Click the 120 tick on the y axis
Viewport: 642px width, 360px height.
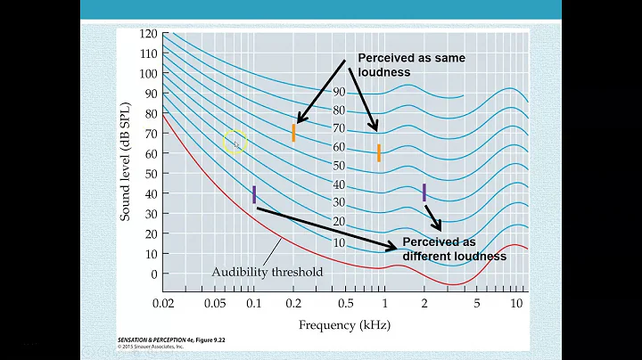(x=147, y=34)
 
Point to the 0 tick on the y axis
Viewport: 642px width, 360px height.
(x=152, y=274)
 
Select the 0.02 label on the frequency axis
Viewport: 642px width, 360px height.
(x=163, y=304)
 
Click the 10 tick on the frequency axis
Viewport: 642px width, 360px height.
(x=515, y=304)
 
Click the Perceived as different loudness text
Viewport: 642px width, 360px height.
(x=454, y=250)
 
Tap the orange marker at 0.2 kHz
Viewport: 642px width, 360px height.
(x=293, y=133)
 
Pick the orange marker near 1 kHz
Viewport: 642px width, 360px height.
(x=379, y=152)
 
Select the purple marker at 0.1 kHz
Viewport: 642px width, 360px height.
(x=254, y=194)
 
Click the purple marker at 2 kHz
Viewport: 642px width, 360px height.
(x=424, y=192)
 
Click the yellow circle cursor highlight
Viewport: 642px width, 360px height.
(x=235, y=142)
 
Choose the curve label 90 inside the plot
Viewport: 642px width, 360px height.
(x=339, y=92)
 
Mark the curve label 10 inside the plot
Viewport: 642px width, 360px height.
(x=339, y=243)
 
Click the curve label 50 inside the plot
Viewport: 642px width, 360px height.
(x=339, y=166)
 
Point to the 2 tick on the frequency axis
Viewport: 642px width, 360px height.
(x=424, y=304)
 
